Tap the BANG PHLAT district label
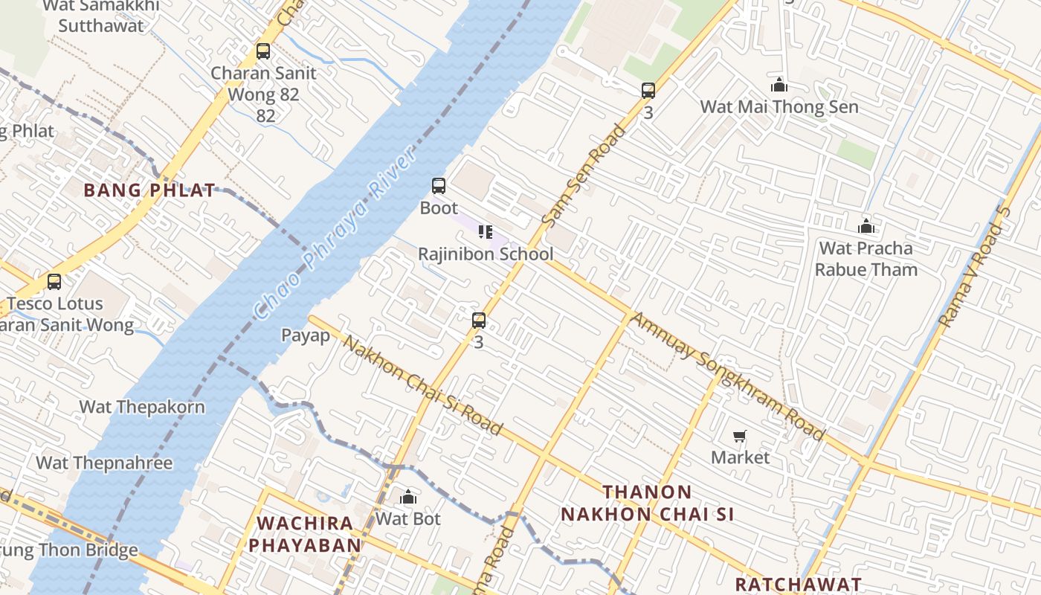(149, 190)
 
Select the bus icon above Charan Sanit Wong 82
(263, 51)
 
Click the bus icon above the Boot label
(439, 186)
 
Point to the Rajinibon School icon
(486, 232)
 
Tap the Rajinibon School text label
(486, 254)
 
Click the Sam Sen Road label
(584, 176)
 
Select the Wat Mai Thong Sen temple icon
(779, 85)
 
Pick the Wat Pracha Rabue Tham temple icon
(866, 226)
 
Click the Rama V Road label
(976, 266)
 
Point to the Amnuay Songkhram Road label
(727, 376)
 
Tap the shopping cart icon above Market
(740, 437)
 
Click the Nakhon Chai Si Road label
(423, 385)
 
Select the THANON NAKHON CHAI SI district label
(647, 503)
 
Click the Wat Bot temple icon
(408, 497)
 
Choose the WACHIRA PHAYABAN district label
(305, 533)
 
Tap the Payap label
(306, 335)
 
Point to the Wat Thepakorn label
(142, 407)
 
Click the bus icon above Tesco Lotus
(54, 282)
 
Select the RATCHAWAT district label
(799, 584)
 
